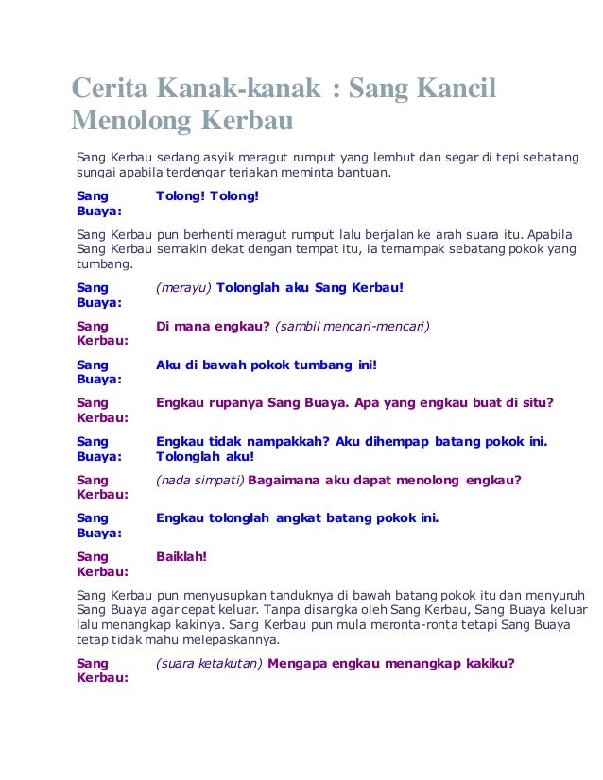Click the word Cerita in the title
[110, 92]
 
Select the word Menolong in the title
[129, 123]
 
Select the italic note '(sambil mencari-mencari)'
[353, 326]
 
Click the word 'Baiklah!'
[181, 556]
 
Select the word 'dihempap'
[401, 441]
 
